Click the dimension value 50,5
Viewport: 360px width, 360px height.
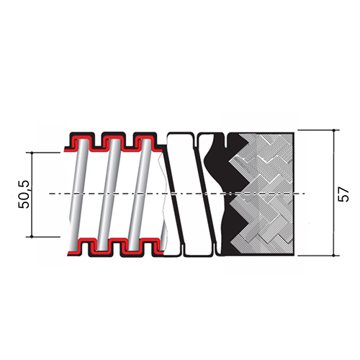point(24,194)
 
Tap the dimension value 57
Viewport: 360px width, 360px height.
point(343,194)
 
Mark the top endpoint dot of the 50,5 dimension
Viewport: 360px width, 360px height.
point(32,153)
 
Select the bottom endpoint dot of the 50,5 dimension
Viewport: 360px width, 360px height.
point(32,237)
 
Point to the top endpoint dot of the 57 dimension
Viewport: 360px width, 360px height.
point(333,130)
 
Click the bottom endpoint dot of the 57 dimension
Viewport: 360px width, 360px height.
point(333,256)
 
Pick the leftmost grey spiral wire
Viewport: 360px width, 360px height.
point(79,194)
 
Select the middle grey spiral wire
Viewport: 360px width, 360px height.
point(109,194)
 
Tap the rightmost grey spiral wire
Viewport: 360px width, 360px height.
point(140,194)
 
